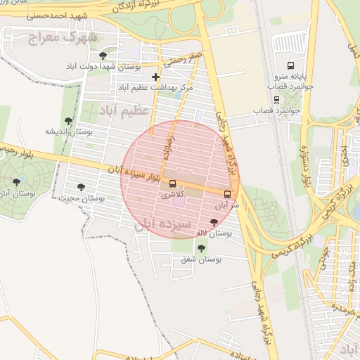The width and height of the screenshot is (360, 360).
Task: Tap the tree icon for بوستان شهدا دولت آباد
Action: click(x=103, y=56)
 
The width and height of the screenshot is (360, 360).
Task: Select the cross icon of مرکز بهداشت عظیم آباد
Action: click(x=155, y=76)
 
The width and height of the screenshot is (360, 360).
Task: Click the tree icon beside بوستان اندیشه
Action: click(x=68, y=121)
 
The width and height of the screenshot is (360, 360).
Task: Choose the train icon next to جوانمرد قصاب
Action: click(x=278, y=101)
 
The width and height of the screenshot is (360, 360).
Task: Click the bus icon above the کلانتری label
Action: click(x=173, y=184)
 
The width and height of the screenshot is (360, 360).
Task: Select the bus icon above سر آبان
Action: click(x=227, y=194)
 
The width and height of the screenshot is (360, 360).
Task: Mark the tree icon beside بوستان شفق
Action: click(x=202, y=247)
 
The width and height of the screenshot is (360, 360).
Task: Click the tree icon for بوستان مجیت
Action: click(x=82, y=188)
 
